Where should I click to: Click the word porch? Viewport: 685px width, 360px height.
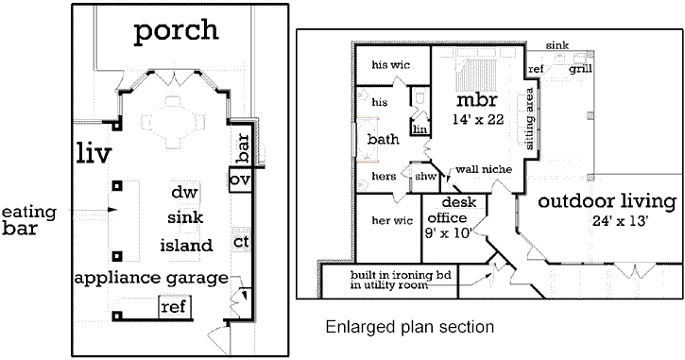tap(176, 30)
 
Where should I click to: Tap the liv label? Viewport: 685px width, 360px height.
tap(94, 153)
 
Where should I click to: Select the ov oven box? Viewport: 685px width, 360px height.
tap(242, 180)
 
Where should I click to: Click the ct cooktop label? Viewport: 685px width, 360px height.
tap(242, 242)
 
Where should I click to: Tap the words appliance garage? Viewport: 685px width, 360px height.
tap(151, 278)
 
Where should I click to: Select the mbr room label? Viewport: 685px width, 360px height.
tap(477, 100)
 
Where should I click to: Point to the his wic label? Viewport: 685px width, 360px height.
tap(390, 65)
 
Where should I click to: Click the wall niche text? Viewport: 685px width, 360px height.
tap(484, 169)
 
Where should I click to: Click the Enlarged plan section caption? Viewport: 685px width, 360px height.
tap(409, 328)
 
